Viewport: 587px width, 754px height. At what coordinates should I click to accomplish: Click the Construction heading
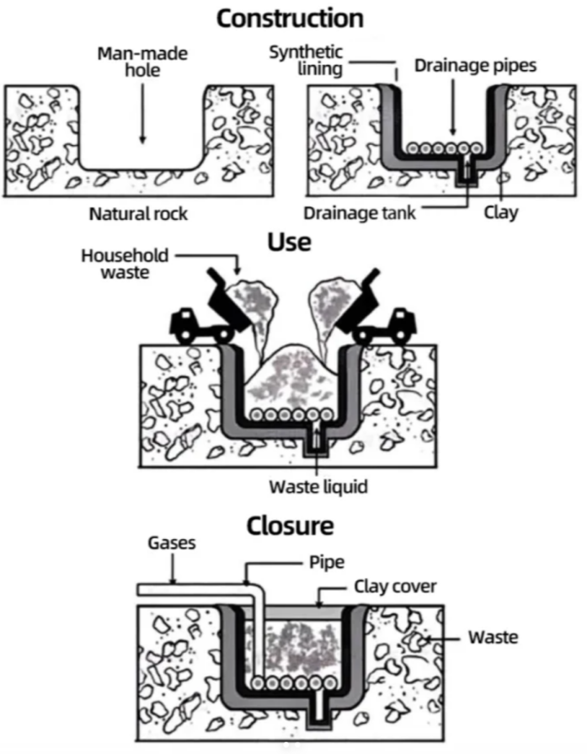pyautogui.click(x=290, y=19)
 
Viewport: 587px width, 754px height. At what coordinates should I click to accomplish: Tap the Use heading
pyautogui.click(x=289, y=242)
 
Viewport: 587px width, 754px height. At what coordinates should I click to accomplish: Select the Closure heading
pyautogui.click(x=290, y=526)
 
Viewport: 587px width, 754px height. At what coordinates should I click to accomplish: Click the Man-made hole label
pyautogui.click(x=142, y=61)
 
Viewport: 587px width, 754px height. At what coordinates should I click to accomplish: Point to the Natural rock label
pyautogui.click(x=138, y=213)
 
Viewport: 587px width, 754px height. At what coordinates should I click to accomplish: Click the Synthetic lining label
pyautogui.click(x=307, y=60)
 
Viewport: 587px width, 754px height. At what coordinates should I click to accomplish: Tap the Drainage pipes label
pyautogui.click(x=476, y=66)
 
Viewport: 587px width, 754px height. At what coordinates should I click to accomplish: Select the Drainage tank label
pyautogui.click(x=360, y=213)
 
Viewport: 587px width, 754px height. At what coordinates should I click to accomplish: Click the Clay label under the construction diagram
pyautogui.click(x=501, y=212)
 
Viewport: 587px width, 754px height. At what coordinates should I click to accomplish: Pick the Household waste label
pyautogui.click(x=125, y=264)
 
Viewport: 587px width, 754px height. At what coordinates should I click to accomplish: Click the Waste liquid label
pyautogui.click(x=318, y=487)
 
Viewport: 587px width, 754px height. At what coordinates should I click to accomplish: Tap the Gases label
pyautogui.click(x=172, y=543)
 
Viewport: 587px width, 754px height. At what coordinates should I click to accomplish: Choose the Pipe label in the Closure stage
pyautogui.click(x=327, y=562)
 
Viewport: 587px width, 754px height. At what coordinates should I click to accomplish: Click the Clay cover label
pyautogui.click(x=395, y=586)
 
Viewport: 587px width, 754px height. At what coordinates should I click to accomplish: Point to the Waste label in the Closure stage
pyautogui.click(x=494, y=638)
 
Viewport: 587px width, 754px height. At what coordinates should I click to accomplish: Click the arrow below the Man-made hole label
pyautogui.click(x=142, y=113)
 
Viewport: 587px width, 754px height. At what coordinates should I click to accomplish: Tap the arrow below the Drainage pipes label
pyautogui.click(x=453, y=106)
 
